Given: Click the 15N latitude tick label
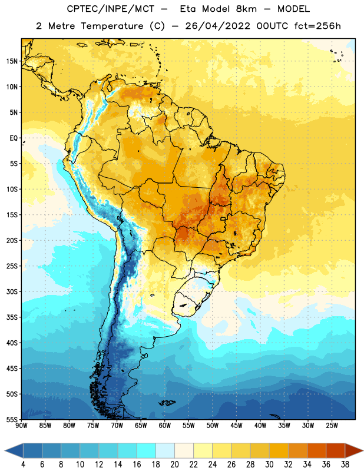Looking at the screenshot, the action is (x=12, y=61).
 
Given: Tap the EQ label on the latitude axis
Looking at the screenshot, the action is (x=14, y=138).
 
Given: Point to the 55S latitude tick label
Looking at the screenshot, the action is (x=12, y=419).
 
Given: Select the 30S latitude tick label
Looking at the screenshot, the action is (x=12, y=291).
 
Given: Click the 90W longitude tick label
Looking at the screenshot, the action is (x=21, y=426).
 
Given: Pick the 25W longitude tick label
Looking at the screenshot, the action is (x=332, y=426).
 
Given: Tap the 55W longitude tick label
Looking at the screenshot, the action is (x=188, y=426).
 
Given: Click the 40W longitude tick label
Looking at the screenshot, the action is (x=260, y=426).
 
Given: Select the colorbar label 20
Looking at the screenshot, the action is (x=174, y=465).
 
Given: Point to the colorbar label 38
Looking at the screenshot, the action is (x=345, y=465).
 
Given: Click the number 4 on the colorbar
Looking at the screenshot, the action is (x=23, y=465).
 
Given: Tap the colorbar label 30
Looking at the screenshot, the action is (x=269, y=465).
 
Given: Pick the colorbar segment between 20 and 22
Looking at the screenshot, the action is (x=184, y=450).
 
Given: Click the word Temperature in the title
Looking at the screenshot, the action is (x=112, y=26).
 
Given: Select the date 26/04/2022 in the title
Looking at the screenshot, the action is (x=217, y=26).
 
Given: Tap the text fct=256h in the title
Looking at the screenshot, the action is (x=317, y=26).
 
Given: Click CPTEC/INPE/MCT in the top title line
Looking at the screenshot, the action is (x=111, y=9).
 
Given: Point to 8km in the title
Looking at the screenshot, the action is (x=246, y=9).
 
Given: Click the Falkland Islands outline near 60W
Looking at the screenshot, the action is (x=167, y=403).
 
